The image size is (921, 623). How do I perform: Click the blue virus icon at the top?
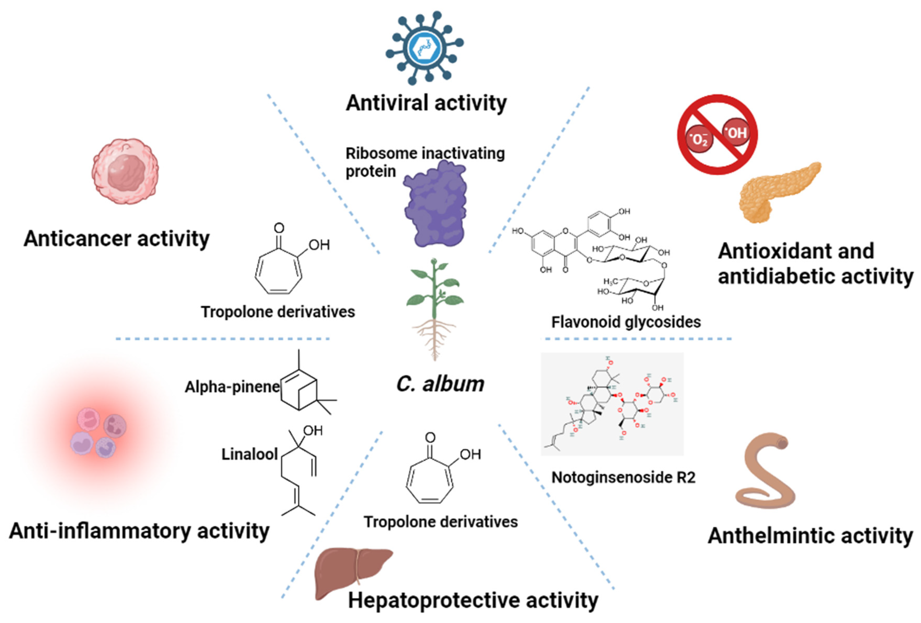pyautogui.click(x=425, y=48)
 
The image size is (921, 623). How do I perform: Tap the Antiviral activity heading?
pyautogui.click(x=426, y=103)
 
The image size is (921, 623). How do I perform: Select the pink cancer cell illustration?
pyautogui.click(x=125, y=171)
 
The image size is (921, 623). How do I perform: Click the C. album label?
pyautogui.click(x=440, y=384)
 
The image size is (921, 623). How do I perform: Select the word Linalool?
pyautogui.click(x=249, y=454)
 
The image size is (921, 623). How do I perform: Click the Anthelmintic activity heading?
pyautogui.click(x=811, y=536)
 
